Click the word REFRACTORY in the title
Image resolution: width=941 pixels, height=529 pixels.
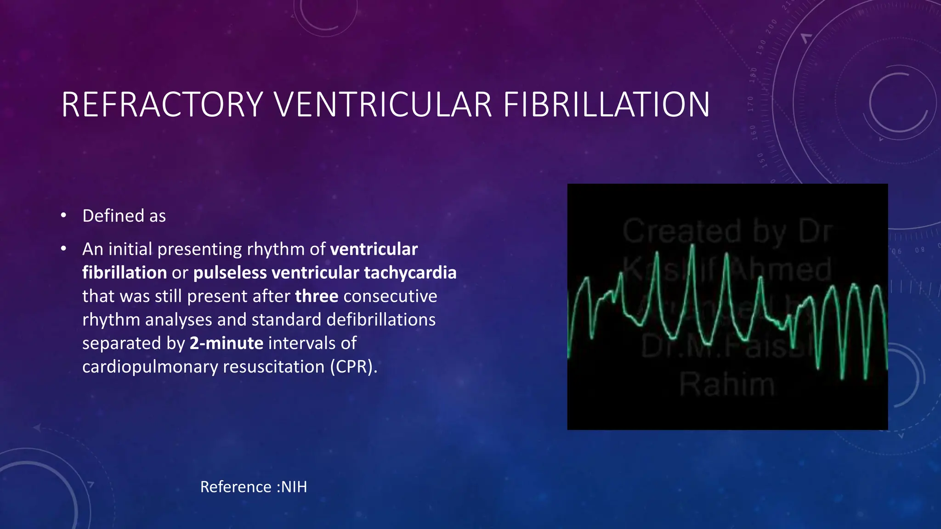tap(162, 105)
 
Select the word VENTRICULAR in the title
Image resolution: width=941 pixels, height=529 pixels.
tap(383, 105)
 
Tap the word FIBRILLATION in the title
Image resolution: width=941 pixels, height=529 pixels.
tap(607, 105)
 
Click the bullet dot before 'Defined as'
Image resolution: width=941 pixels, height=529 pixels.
tap(64, 215)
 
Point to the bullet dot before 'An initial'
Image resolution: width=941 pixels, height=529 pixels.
tap(64, 249)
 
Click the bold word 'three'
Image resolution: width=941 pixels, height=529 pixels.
tap(317, 296)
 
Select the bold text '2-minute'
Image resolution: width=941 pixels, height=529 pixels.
tap(227, 343)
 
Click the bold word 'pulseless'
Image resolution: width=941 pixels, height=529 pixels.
tap(230, 273)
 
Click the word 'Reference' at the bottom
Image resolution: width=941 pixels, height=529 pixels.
tap(236, 487)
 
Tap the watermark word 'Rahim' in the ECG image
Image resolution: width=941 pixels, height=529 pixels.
tap(727, 385)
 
